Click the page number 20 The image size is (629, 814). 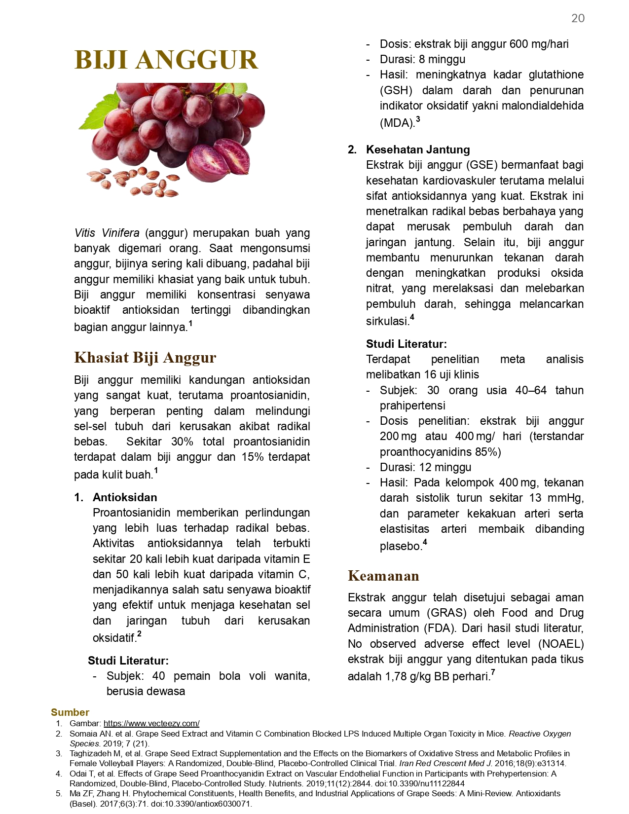(578, 18)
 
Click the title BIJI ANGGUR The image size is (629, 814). (166, 60)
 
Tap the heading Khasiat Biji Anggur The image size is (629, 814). (145, 357)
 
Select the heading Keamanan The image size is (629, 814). (383, 576)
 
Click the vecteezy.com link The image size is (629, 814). (151, 723)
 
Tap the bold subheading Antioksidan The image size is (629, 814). (125, 497)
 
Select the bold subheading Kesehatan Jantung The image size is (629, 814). (418, 149)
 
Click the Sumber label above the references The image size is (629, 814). (70, 712)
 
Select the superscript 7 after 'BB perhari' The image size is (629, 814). (493, 672)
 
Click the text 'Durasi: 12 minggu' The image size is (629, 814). (425, 467)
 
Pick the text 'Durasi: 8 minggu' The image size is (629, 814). (422, 59)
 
